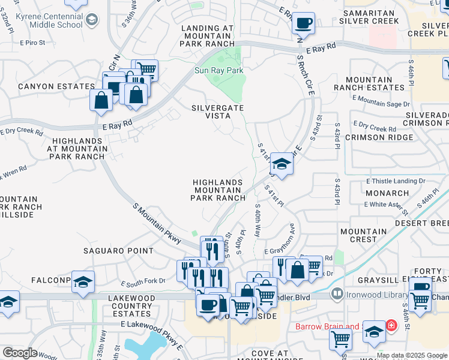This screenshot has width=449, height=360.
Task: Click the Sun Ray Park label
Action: pos(219,70)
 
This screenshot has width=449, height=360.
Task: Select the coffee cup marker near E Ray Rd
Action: pos(303,23)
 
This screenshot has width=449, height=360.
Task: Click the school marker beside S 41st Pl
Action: pos(281,163)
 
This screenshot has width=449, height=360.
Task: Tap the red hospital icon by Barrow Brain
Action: pos(391,326)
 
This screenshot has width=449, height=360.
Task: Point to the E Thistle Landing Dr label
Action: pos(395,181)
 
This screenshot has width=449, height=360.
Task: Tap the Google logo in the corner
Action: pos(20,353)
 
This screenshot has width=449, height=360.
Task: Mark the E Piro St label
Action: pos(32,43)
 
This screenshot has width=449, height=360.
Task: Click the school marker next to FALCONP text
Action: pos(83,281)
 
